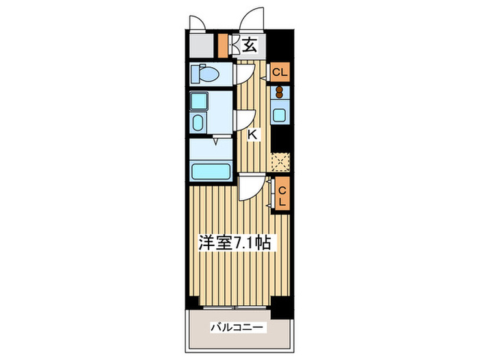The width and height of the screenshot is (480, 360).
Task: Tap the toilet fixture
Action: [204, 73]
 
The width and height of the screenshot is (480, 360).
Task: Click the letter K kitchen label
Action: [253, 135]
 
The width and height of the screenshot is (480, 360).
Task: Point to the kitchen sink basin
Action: [280, 114]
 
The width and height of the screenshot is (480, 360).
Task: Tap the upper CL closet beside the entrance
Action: [280, 72]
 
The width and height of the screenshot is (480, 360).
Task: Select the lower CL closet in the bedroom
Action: [281, 194]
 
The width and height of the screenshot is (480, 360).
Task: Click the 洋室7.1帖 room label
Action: [239, 243]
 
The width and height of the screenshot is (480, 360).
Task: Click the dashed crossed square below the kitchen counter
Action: [280, 162]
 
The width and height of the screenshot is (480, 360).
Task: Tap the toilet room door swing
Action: [245, 71]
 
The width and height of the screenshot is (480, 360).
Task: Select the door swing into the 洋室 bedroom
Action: [251, 187]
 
